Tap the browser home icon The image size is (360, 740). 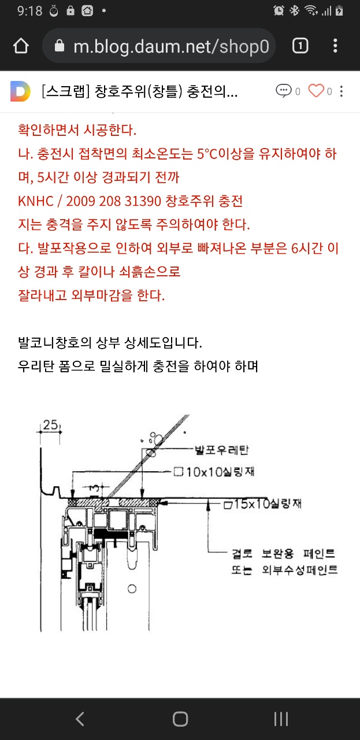(21, 46)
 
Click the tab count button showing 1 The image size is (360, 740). (300, 46)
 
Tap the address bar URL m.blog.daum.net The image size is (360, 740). (171, 46)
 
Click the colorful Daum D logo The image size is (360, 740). (20, 91)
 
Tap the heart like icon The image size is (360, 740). (316, 91)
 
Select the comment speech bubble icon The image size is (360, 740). (284, 91)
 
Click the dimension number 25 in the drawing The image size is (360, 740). (50, 425)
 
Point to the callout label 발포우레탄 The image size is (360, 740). (222, 450)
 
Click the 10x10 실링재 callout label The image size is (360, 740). (214, 472)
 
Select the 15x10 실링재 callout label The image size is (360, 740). (263, 504)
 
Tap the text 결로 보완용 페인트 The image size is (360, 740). (283, 553)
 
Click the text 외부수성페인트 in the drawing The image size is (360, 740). (300, 570)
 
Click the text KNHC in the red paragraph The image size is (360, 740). (36, 201)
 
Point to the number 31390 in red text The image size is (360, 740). (143, 201)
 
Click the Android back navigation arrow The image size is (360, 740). (80, 719)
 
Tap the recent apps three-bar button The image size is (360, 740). (281, 719)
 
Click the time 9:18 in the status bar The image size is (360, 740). (29, 11)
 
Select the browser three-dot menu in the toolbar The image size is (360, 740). (335, 46)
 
